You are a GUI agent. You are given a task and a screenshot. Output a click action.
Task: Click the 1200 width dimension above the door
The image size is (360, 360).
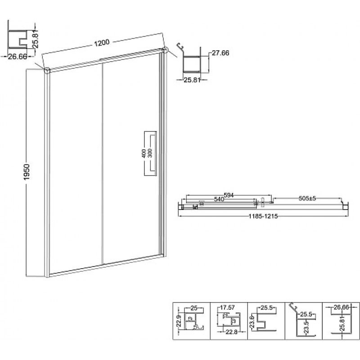coord(102,43)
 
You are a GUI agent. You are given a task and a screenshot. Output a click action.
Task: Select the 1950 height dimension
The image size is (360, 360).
coord(27,172)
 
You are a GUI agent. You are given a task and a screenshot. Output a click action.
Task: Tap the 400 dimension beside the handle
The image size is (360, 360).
coord(144,153)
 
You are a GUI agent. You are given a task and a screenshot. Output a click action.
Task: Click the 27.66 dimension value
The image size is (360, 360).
coord(220,53)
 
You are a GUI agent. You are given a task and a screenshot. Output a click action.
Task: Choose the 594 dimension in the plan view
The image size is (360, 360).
coord(229,195)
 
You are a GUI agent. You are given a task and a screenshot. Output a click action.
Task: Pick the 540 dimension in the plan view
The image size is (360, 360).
coord(219,199)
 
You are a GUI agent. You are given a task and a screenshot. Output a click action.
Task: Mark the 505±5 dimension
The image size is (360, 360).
coord(307,198)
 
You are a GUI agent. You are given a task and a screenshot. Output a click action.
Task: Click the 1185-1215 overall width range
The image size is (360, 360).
coord(263,216)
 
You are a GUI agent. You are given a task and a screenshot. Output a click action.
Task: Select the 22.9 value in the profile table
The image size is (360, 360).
coord(180,321)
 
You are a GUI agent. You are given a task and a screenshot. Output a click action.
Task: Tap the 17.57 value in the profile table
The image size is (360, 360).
coord(227,307)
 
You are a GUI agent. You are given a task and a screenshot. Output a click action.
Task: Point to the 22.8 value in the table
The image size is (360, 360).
coord(231,332)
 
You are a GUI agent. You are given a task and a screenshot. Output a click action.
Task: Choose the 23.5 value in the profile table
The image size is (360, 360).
coord(307,327)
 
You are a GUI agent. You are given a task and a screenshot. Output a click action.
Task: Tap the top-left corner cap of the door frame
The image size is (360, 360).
coord(47,70)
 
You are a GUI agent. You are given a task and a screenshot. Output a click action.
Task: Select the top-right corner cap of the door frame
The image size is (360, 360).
coord(165,50)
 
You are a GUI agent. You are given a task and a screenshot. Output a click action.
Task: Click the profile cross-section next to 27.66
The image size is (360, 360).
coord(192,61)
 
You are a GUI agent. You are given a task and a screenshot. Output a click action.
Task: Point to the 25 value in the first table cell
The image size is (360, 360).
coord(194,308)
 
